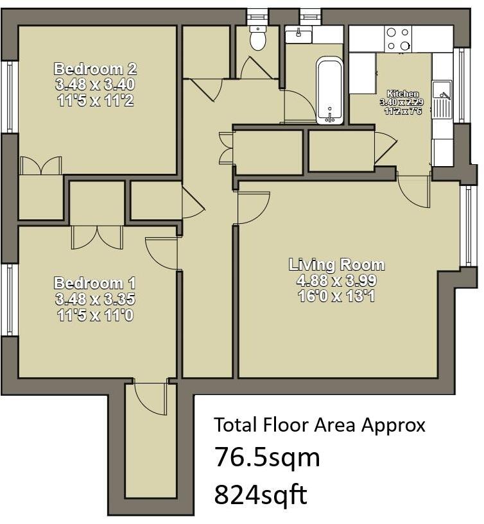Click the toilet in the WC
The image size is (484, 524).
[x=257, y=38]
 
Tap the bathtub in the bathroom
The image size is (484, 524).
[x=329, y=90]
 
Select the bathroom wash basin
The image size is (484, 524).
[x=298, y=34]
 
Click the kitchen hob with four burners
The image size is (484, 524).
[x=398, y=38]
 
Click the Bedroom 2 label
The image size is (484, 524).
[x=96, y=69]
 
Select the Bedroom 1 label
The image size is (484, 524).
[x=95, y=283]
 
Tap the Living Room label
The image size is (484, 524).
[x=336, y=264]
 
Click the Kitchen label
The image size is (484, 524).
[x=402, y=94]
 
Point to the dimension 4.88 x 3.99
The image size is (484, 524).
[x=336, y=280]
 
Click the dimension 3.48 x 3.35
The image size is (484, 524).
[x=95, y=298]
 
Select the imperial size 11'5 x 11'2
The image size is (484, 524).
[x=96, y=100]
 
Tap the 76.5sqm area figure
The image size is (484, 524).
[x=267, y=457]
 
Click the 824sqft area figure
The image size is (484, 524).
[x=260, y=494]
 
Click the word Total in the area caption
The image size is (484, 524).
[x=236, y=425]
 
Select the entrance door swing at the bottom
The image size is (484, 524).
[x=150, y=398]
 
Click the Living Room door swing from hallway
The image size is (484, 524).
[x=253, y=208]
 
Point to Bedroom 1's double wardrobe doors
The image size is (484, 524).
[x=97, y=237]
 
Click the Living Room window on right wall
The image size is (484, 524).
[x=465, y=226]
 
